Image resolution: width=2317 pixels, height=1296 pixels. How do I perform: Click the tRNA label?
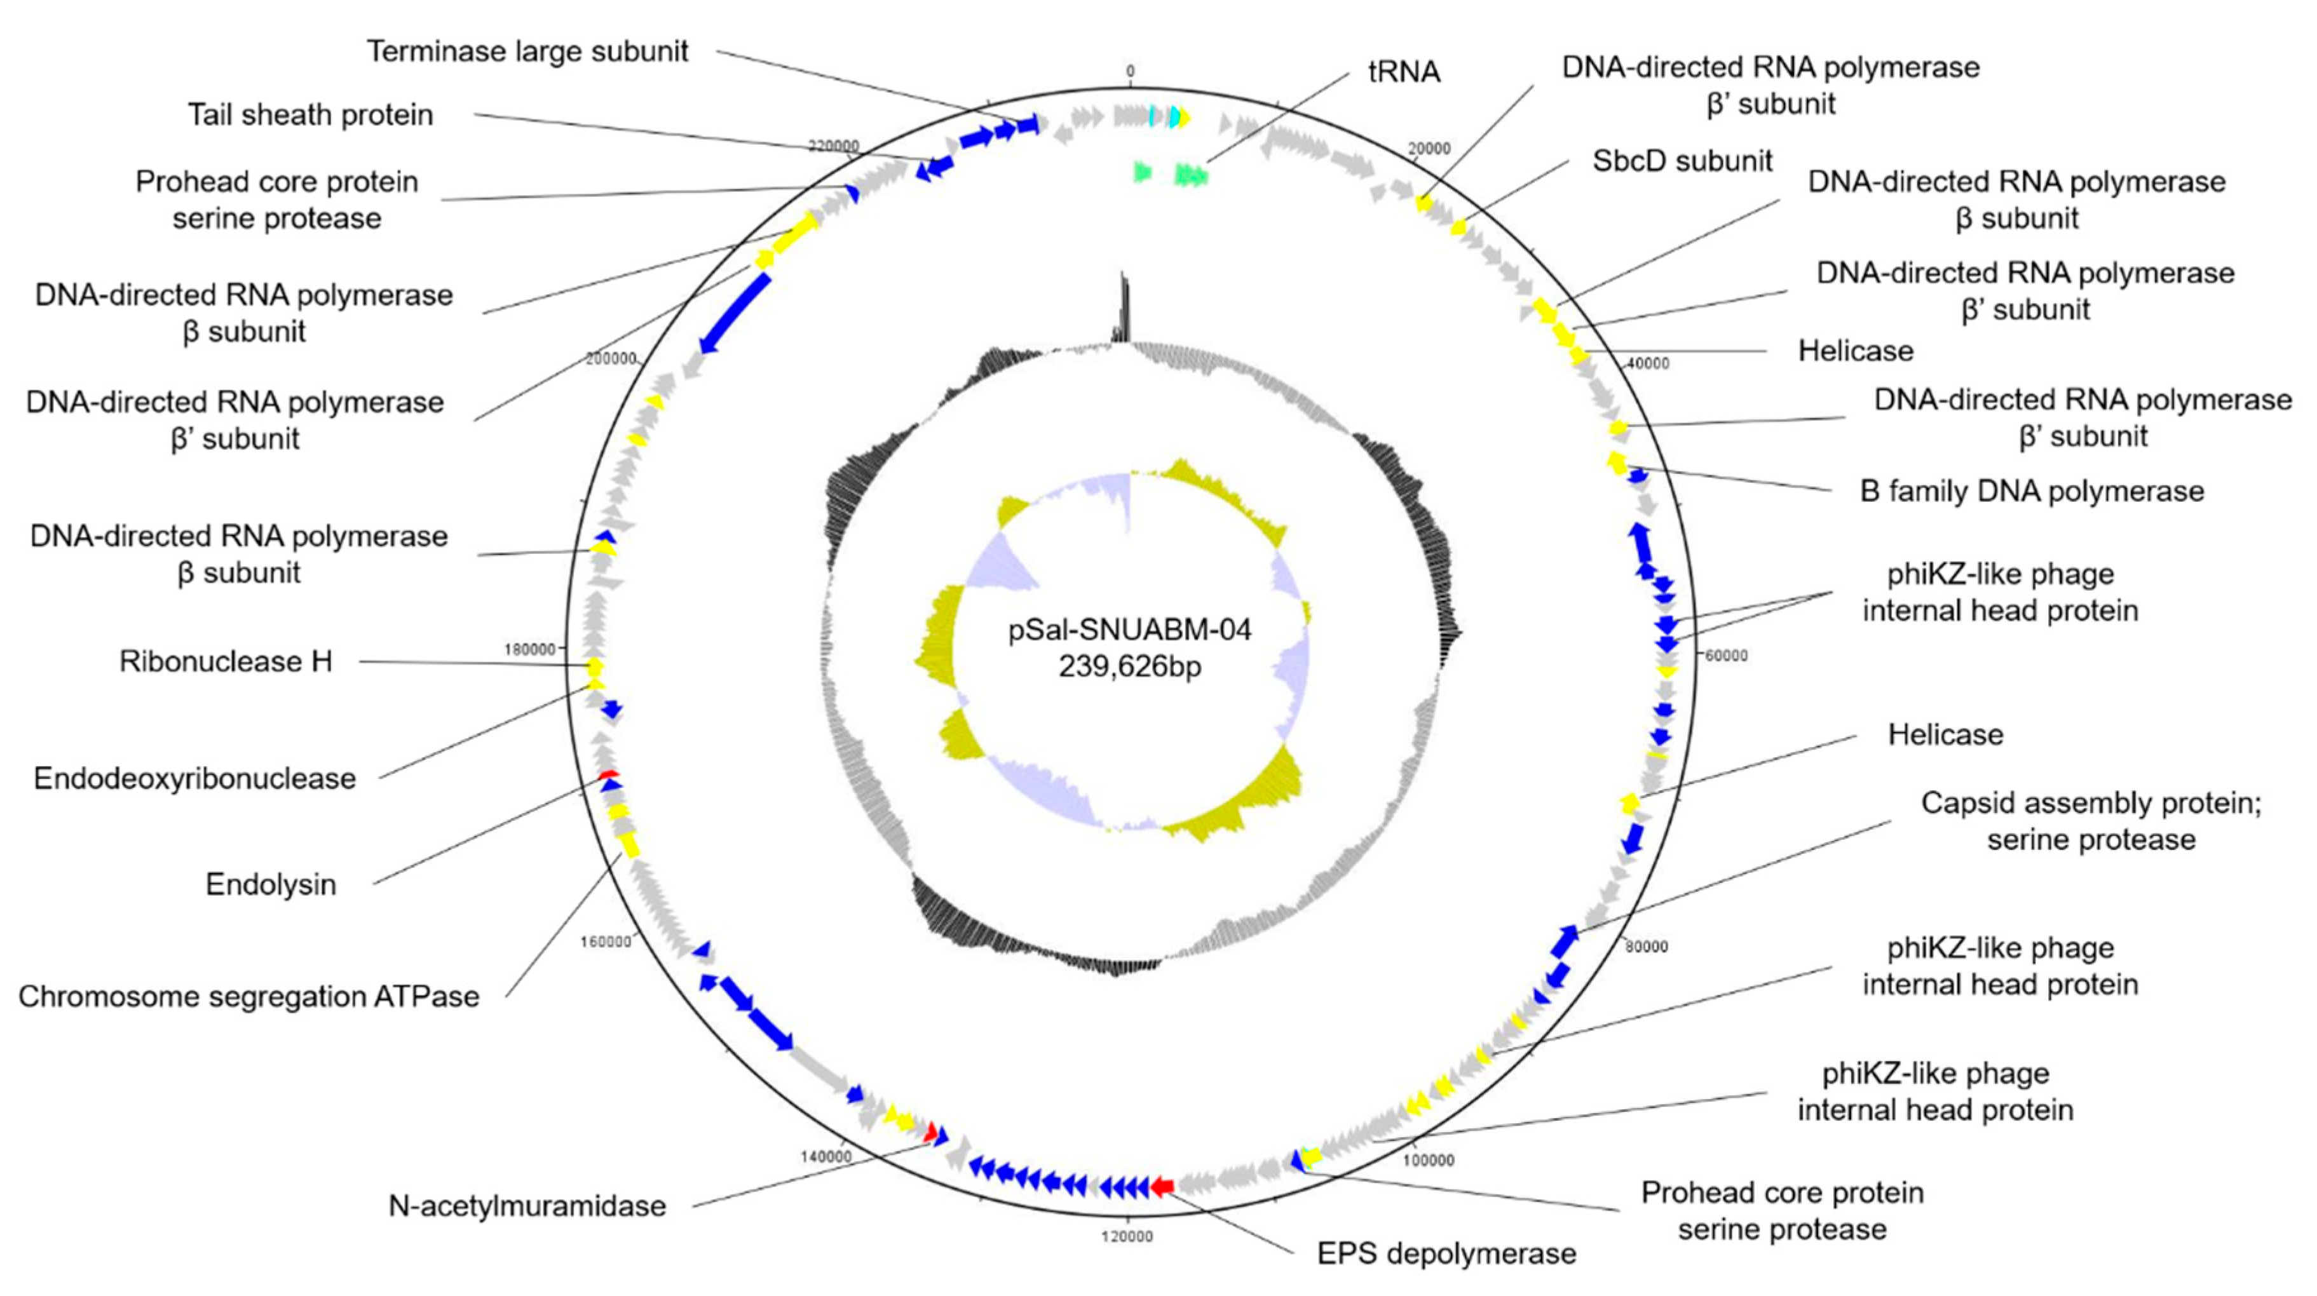(1403, 72)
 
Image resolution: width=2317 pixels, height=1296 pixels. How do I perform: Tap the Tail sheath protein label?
(310, 115)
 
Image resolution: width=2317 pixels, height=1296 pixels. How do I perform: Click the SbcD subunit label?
(1682, 161)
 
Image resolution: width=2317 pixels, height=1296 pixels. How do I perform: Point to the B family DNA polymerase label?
(2031, 491)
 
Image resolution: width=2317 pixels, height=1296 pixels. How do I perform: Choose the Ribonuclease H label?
(226, 661)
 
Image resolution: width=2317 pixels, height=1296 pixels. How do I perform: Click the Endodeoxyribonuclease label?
(194, 778)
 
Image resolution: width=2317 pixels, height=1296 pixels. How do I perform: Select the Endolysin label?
(271, 884)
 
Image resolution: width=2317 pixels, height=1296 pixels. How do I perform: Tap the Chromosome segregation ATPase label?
(248, 997)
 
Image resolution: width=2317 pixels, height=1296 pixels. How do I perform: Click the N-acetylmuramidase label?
(527, 1205)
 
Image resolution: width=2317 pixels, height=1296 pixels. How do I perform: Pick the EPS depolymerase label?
(1446, 1253)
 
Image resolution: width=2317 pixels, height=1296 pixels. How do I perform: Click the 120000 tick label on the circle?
(1126, 1237)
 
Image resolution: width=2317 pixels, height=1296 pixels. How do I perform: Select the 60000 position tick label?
(1725, 656)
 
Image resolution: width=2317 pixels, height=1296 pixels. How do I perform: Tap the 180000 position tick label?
(530, 649)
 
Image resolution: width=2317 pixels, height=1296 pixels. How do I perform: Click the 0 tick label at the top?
(1130, 71)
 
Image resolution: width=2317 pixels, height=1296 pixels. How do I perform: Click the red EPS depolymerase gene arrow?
(1162, 1187)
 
